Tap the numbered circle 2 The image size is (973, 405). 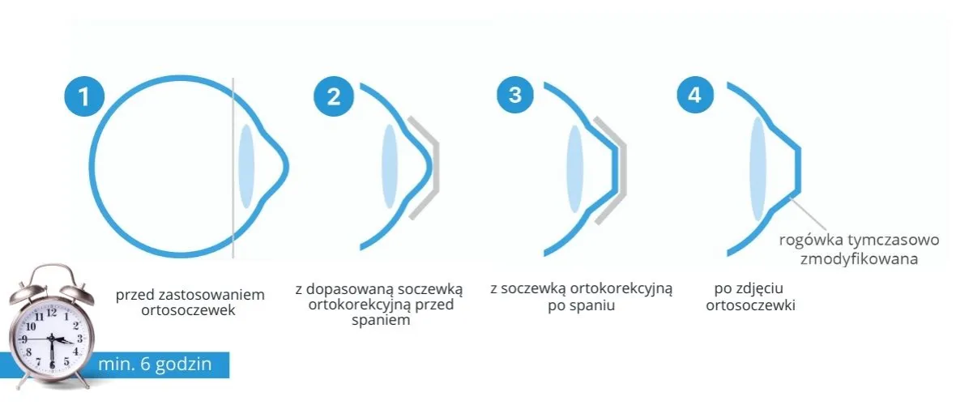[x=334, y=96]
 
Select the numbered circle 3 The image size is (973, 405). [x=514, y=95]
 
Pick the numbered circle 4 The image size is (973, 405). [x=694, y=95]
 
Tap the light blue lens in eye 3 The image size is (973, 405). [x=575, y=169]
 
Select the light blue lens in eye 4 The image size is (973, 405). [x=757, y=169]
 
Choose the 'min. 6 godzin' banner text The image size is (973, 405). [x=156, y=364]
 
